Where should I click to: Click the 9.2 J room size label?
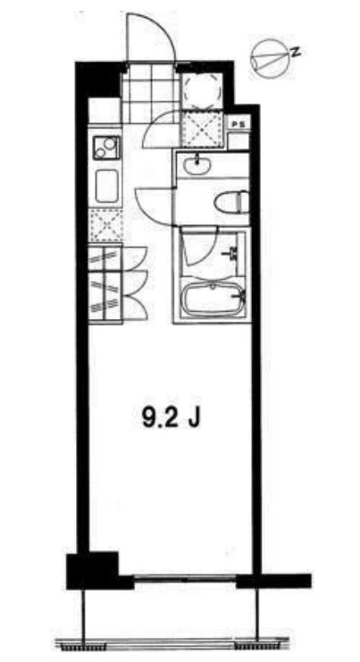click(171, 419)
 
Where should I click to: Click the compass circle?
click(271, 59)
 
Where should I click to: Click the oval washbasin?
click(197, 163)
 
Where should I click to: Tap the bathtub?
click(213, 299)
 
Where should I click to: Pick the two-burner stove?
click(106, 147)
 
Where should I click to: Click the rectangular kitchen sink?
click(107, 186)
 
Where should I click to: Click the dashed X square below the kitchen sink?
click(105, 225)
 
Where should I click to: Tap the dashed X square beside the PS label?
click(204, 128)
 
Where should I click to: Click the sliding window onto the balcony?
click(185, 579)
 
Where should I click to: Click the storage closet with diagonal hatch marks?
click(105, 283)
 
